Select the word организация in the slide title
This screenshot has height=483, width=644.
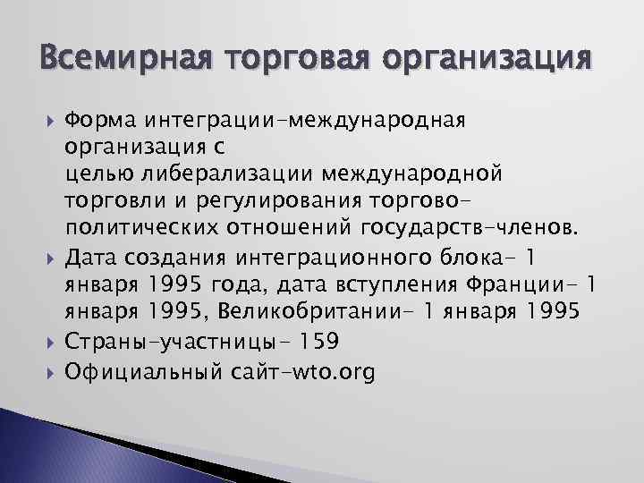(x=483, y=61)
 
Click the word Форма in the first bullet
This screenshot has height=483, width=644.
(x=94, y=120)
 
